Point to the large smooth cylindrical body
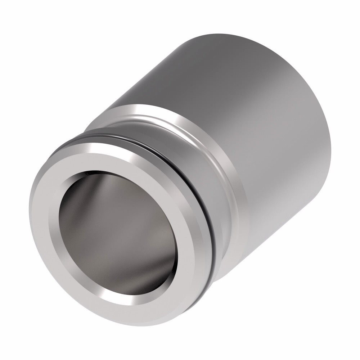(x=252, y=108)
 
